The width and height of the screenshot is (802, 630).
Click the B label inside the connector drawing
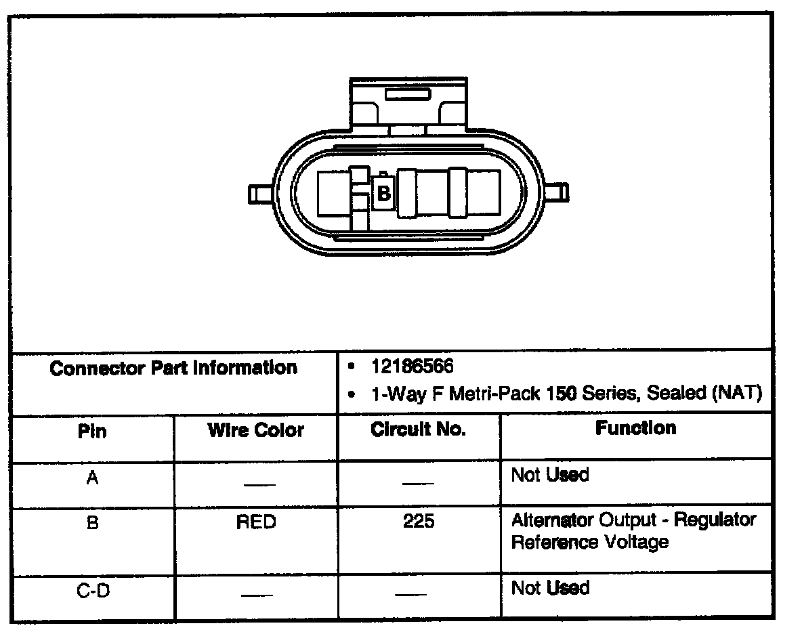coord(383,194)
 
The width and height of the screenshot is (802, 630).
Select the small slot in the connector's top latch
coord(408,93)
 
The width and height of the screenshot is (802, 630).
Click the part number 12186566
coord(413,366)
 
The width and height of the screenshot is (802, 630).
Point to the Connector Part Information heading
coord(174,369)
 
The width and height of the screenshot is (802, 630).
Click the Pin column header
coord(93,431)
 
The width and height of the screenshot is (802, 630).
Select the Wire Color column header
coord(256,430)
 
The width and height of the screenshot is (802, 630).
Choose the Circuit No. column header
coord(419,430)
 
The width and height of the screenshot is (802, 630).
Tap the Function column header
coord(635,428)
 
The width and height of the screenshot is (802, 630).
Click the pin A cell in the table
coord(93,478)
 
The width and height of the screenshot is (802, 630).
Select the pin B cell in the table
coord(93,523)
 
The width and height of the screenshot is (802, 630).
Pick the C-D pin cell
coord(93,591)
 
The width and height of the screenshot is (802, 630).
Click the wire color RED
coord(256,523)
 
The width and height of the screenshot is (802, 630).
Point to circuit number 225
coord(419,523)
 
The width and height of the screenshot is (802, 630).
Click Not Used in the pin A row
coord(550,476)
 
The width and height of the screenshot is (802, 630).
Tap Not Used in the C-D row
coord(550,588)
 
